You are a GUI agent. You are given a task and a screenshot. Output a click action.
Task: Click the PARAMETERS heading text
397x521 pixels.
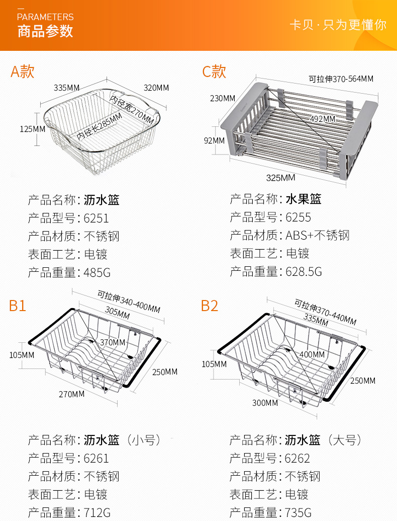click(x=45, y=17)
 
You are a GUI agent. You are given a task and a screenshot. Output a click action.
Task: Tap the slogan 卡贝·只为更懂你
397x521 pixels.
click(x=338, y=25)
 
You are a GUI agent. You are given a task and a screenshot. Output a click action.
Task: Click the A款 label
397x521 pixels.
click(x=23, y=71)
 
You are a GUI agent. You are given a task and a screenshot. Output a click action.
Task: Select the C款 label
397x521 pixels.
click(x=214, y=71)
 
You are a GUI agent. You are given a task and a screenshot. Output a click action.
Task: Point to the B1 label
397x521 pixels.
click(x=18, y=306)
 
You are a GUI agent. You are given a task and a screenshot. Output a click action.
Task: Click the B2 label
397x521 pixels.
click(x=210, y=306)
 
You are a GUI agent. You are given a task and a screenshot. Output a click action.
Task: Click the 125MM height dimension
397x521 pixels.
click(x=32, y=129)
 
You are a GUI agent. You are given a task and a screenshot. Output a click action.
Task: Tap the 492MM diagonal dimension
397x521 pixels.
click(x=322, y=119)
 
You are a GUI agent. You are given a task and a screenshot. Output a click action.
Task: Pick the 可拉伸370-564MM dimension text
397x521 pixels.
click(x=341, y=79)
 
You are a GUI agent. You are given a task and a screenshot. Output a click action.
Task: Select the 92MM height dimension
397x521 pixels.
click(x=215, y=140)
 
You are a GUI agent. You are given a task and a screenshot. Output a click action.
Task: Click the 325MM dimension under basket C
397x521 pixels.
click(x=280, y=178)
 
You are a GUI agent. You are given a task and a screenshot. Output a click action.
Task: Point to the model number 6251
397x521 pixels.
click(x=96, y=218)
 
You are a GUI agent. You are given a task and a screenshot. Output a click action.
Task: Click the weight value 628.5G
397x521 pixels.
click(x=304, y=272)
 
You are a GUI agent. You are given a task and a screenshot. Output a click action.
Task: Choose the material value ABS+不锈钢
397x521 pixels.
click(x=317, y=236)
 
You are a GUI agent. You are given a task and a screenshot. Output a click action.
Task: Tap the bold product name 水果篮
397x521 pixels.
click(x=304, y=199)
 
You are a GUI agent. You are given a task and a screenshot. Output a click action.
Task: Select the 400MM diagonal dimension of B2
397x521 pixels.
click(x=312, y=354)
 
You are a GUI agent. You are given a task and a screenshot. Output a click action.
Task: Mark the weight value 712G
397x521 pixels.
click(x=97, y=513)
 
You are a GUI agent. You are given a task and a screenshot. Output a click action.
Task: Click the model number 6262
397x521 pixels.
click(x=297, y=459)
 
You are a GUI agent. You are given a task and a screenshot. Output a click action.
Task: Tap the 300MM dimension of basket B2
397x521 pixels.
click(x=265, y=403)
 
